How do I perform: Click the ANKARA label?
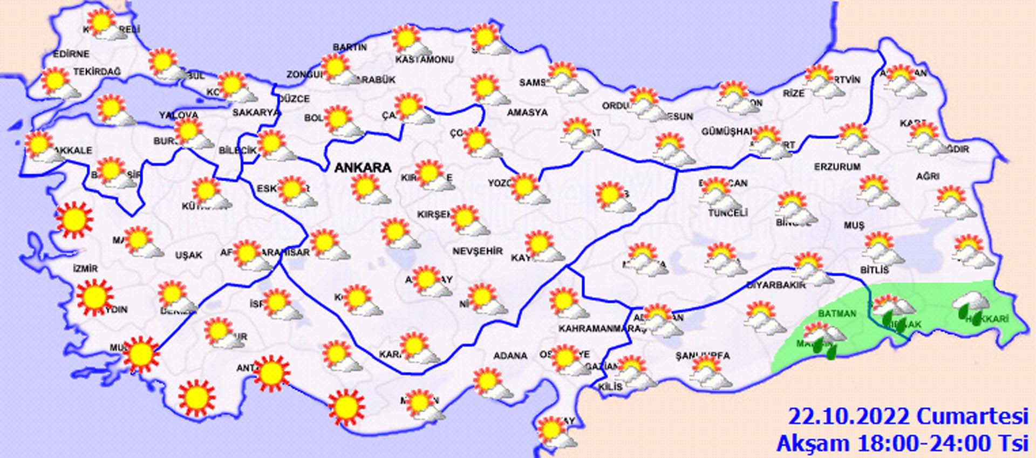point(363,168)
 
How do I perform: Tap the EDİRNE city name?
point(71,54)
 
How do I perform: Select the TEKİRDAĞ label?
point(97,72)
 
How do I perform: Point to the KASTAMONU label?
point(424,60)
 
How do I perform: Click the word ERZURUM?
point(837,167)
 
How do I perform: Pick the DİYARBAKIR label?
point(776,285)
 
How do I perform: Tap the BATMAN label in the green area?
point(837,313)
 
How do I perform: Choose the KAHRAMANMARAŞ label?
point(595,329)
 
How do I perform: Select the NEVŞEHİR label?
point(477,251)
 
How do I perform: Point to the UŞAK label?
point(188,255)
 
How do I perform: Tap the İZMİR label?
point(85,269)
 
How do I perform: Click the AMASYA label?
point(527,113)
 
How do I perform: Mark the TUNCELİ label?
point(727,213)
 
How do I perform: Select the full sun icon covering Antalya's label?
point(271,373)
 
